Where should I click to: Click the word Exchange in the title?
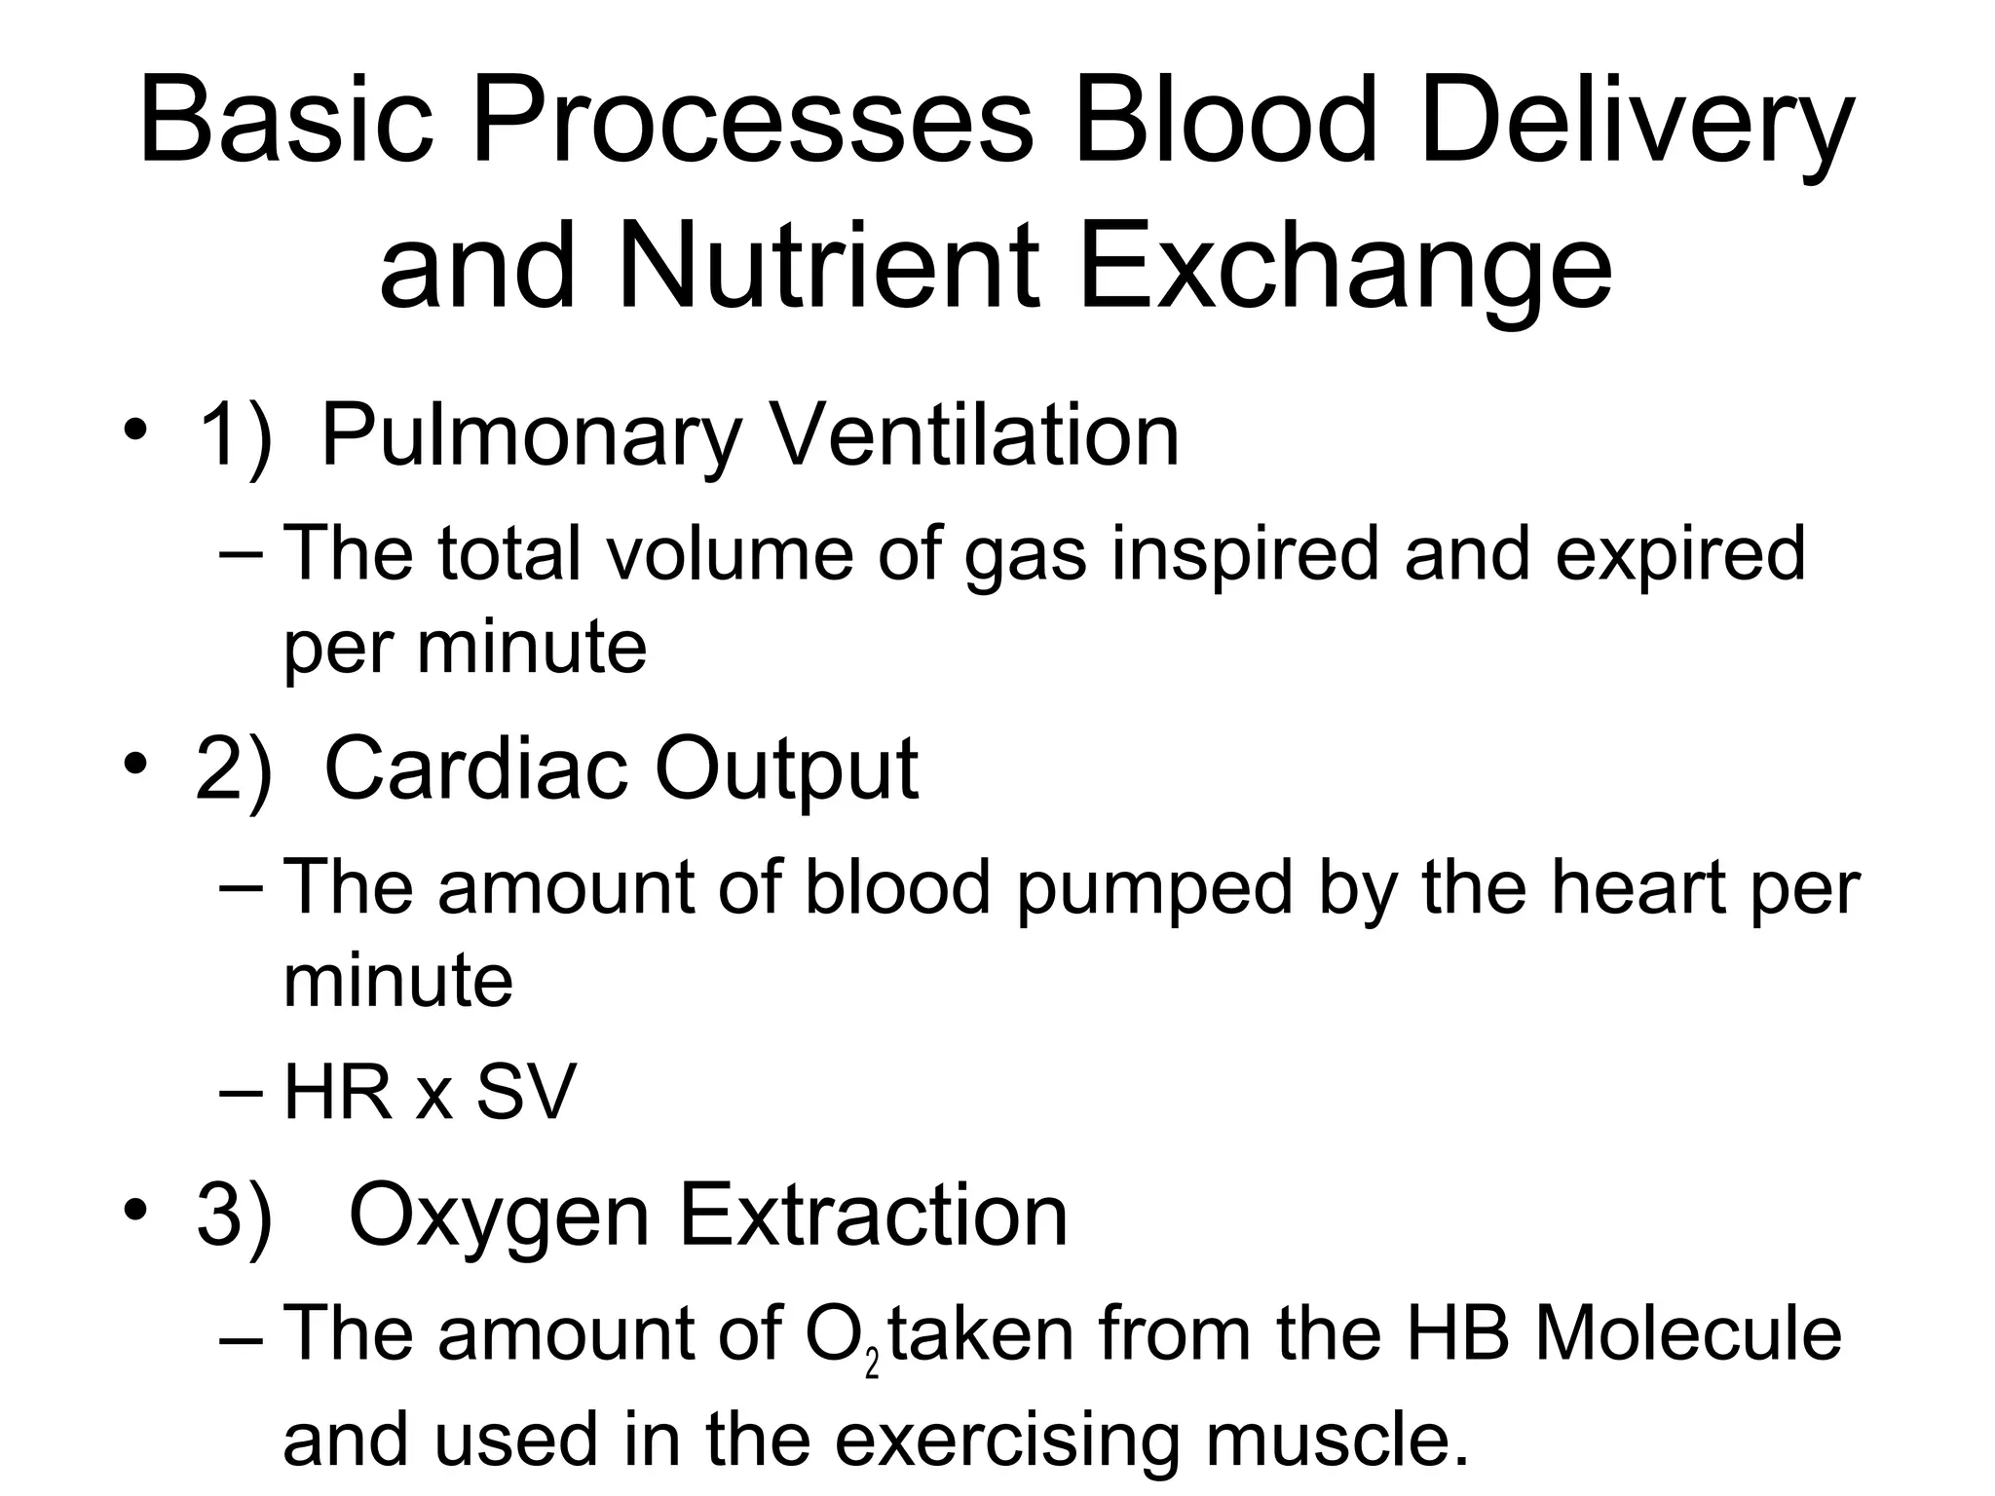1345,266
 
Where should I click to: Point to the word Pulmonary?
532,435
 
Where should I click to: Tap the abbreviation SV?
526,1093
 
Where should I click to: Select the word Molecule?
1687,1333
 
